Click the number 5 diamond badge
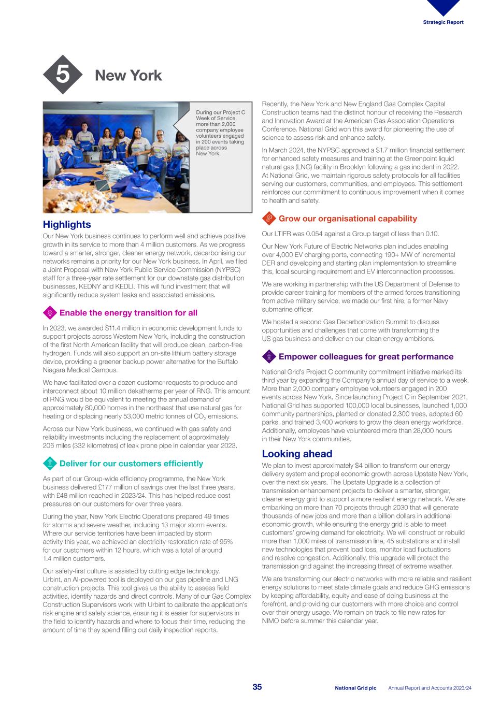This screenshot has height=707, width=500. click(62, 75)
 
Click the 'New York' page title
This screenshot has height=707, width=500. click(128, 76)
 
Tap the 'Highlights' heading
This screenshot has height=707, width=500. click(66, 224)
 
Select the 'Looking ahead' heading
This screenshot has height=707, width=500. click(296, 454)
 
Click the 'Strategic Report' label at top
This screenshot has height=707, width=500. click(443, 22)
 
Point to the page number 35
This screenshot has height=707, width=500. click(257, 687)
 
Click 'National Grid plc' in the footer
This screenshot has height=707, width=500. click(355, 688)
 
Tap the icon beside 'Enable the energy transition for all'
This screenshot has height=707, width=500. click(50, 313)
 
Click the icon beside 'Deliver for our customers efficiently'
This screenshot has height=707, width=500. click(50, 464)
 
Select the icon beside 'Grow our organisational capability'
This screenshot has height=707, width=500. click(269, 219)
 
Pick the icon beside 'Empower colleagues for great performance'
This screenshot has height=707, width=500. click(269, 356)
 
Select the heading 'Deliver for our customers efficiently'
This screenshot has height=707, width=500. click(131, 464)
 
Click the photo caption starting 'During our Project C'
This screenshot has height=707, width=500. click(220, 133)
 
